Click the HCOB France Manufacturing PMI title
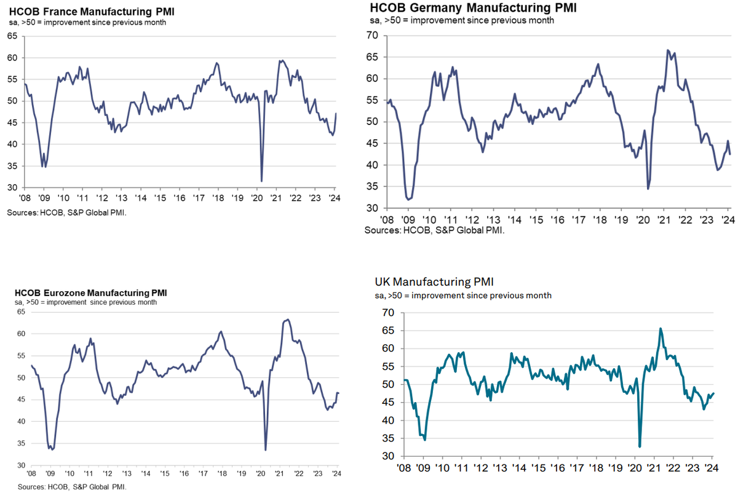coord(83,10)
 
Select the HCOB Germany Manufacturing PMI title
coord(474,8)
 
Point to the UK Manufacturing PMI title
coord(434,282)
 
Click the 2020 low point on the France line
coord(262,181)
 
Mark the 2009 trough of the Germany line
coord(409,199)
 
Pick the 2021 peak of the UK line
coord(661,328)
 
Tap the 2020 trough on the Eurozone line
coord(265,449)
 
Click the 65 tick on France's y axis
coord(12,36)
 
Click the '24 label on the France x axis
coord(335,198)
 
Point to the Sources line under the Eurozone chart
coord(72,487)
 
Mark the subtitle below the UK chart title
coord(463,296)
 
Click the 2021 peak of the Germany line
coord(668,50)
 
